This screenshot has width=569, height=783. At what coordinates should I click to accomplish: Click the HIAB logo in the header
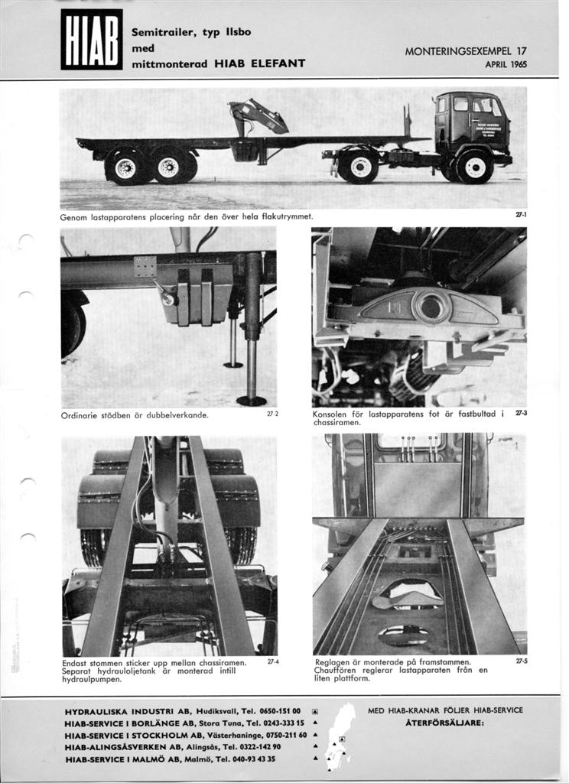point(91,39)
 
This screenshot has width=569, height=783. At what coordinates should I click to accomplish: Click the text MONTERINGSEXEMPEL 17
point(465,52)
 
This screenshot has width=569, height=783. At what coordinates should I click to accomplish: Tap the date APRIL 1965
point(506,65)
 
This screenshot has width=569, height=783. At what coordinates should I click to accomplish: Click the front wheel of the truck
point(474,167)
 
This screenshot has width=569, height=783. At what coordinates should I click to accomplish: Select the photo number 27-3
point(521,414)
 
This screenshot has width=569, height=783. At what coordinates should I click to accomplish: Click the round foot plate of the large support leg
point(251,400)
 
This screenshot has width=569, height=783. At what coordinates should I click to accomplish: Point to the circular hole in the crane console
point(431,307)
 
